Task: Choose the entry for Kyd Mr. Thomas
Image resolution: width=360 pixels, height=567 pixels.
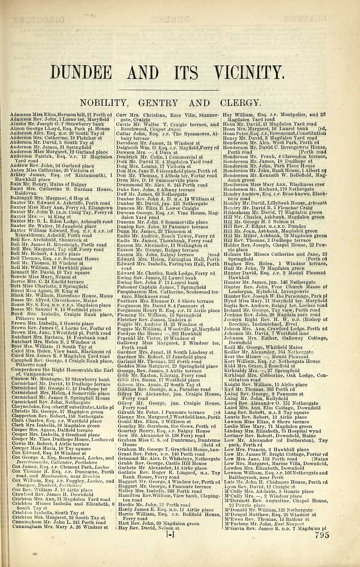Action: pyautogui.click(x=257, y=389)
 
